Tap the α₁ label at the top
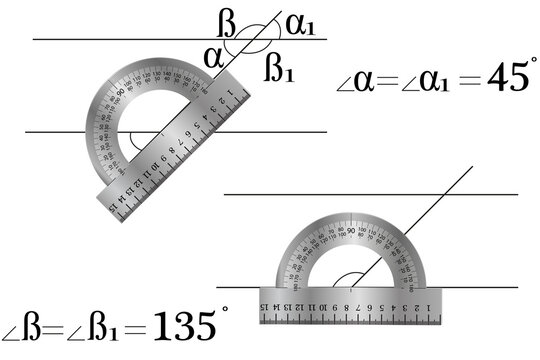[299, 24]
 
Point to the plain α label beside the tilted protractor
[213, 56]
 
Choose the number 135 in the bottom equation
[184, 326]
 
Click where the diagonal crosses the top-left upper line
[250, 39]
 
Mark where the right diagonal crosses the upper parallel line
[442, 195]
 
